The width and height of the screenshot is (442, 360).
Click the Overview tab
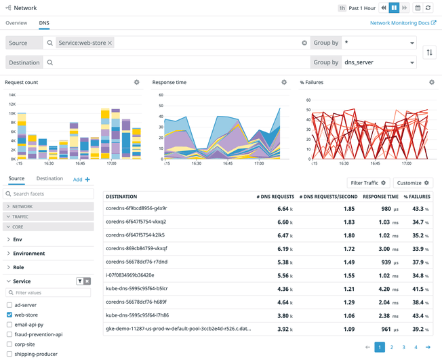(16, 23)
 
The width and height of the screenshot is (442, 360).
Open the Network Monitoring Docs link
(403, 23)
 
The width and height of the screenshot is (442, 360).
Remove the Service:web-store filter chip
(110, 43)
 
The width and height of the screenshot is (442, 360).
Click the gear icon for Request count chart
(137, 83)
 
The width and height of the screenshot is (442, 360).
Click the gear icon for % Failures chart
(432, 83)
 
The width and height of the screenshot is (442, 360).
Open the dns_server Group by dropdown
(379, 62)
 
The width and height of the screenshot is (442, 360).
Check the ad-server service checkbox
(9, 305)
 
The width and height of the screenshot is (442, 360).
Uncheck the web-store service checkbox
(9, 315)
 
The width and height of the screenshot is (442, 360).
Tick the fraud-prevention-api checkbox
(9, 334)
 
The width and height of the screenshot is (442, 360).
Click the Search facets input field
(51, 194)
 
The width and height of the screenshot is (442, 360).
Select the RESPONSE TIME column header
(380, 197)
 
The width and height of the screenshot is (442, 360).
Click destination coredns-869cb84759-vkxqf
(136, 249)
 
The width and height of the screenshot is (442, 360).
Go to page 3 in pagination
(403, 347)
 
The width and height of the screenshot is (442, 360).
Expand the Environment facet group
(28, 254)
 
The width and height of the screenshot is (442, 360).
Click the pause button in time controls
(393, 8)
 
